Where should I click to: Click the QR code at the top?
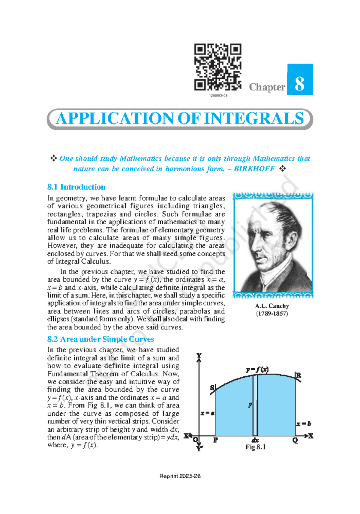[x=218, y=67]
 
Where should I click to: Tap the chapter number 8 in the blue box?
[x=300, y=84]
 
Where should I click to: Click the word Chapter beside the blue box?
[x=267, y=87]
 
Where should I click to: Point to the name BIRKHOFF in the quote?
[x=254, y=169]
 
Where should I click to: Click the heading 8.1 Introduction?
[x=76, y=187]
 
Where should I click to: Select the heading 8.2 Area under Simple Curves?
[x=100, y=339]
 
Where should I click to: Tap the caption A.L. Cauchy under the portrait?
[x=272, y=306]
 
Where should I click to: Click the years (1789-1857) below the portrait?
[x=272, y=314]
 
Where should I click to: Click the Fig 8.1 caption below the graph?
[x=255, y=447]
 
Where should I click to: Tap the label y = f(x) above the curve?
[x=257, y=369]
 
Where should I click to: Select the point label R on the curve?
[x=298, y=375]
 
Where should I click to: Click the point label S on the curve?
[x=212, y=388]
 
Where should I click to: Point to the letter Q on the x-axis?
[x=295, y=440]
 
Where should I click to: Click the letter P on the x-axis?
[x=215, y=440]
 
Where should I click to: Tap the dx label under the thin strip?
[x=255, y=440]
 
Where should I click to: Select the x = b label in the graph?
[x=304, y=424]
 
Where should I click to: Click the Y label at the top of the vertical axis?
[x=199, y=356]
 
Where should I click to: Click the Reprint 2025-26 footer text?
[x=180, y=476]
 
